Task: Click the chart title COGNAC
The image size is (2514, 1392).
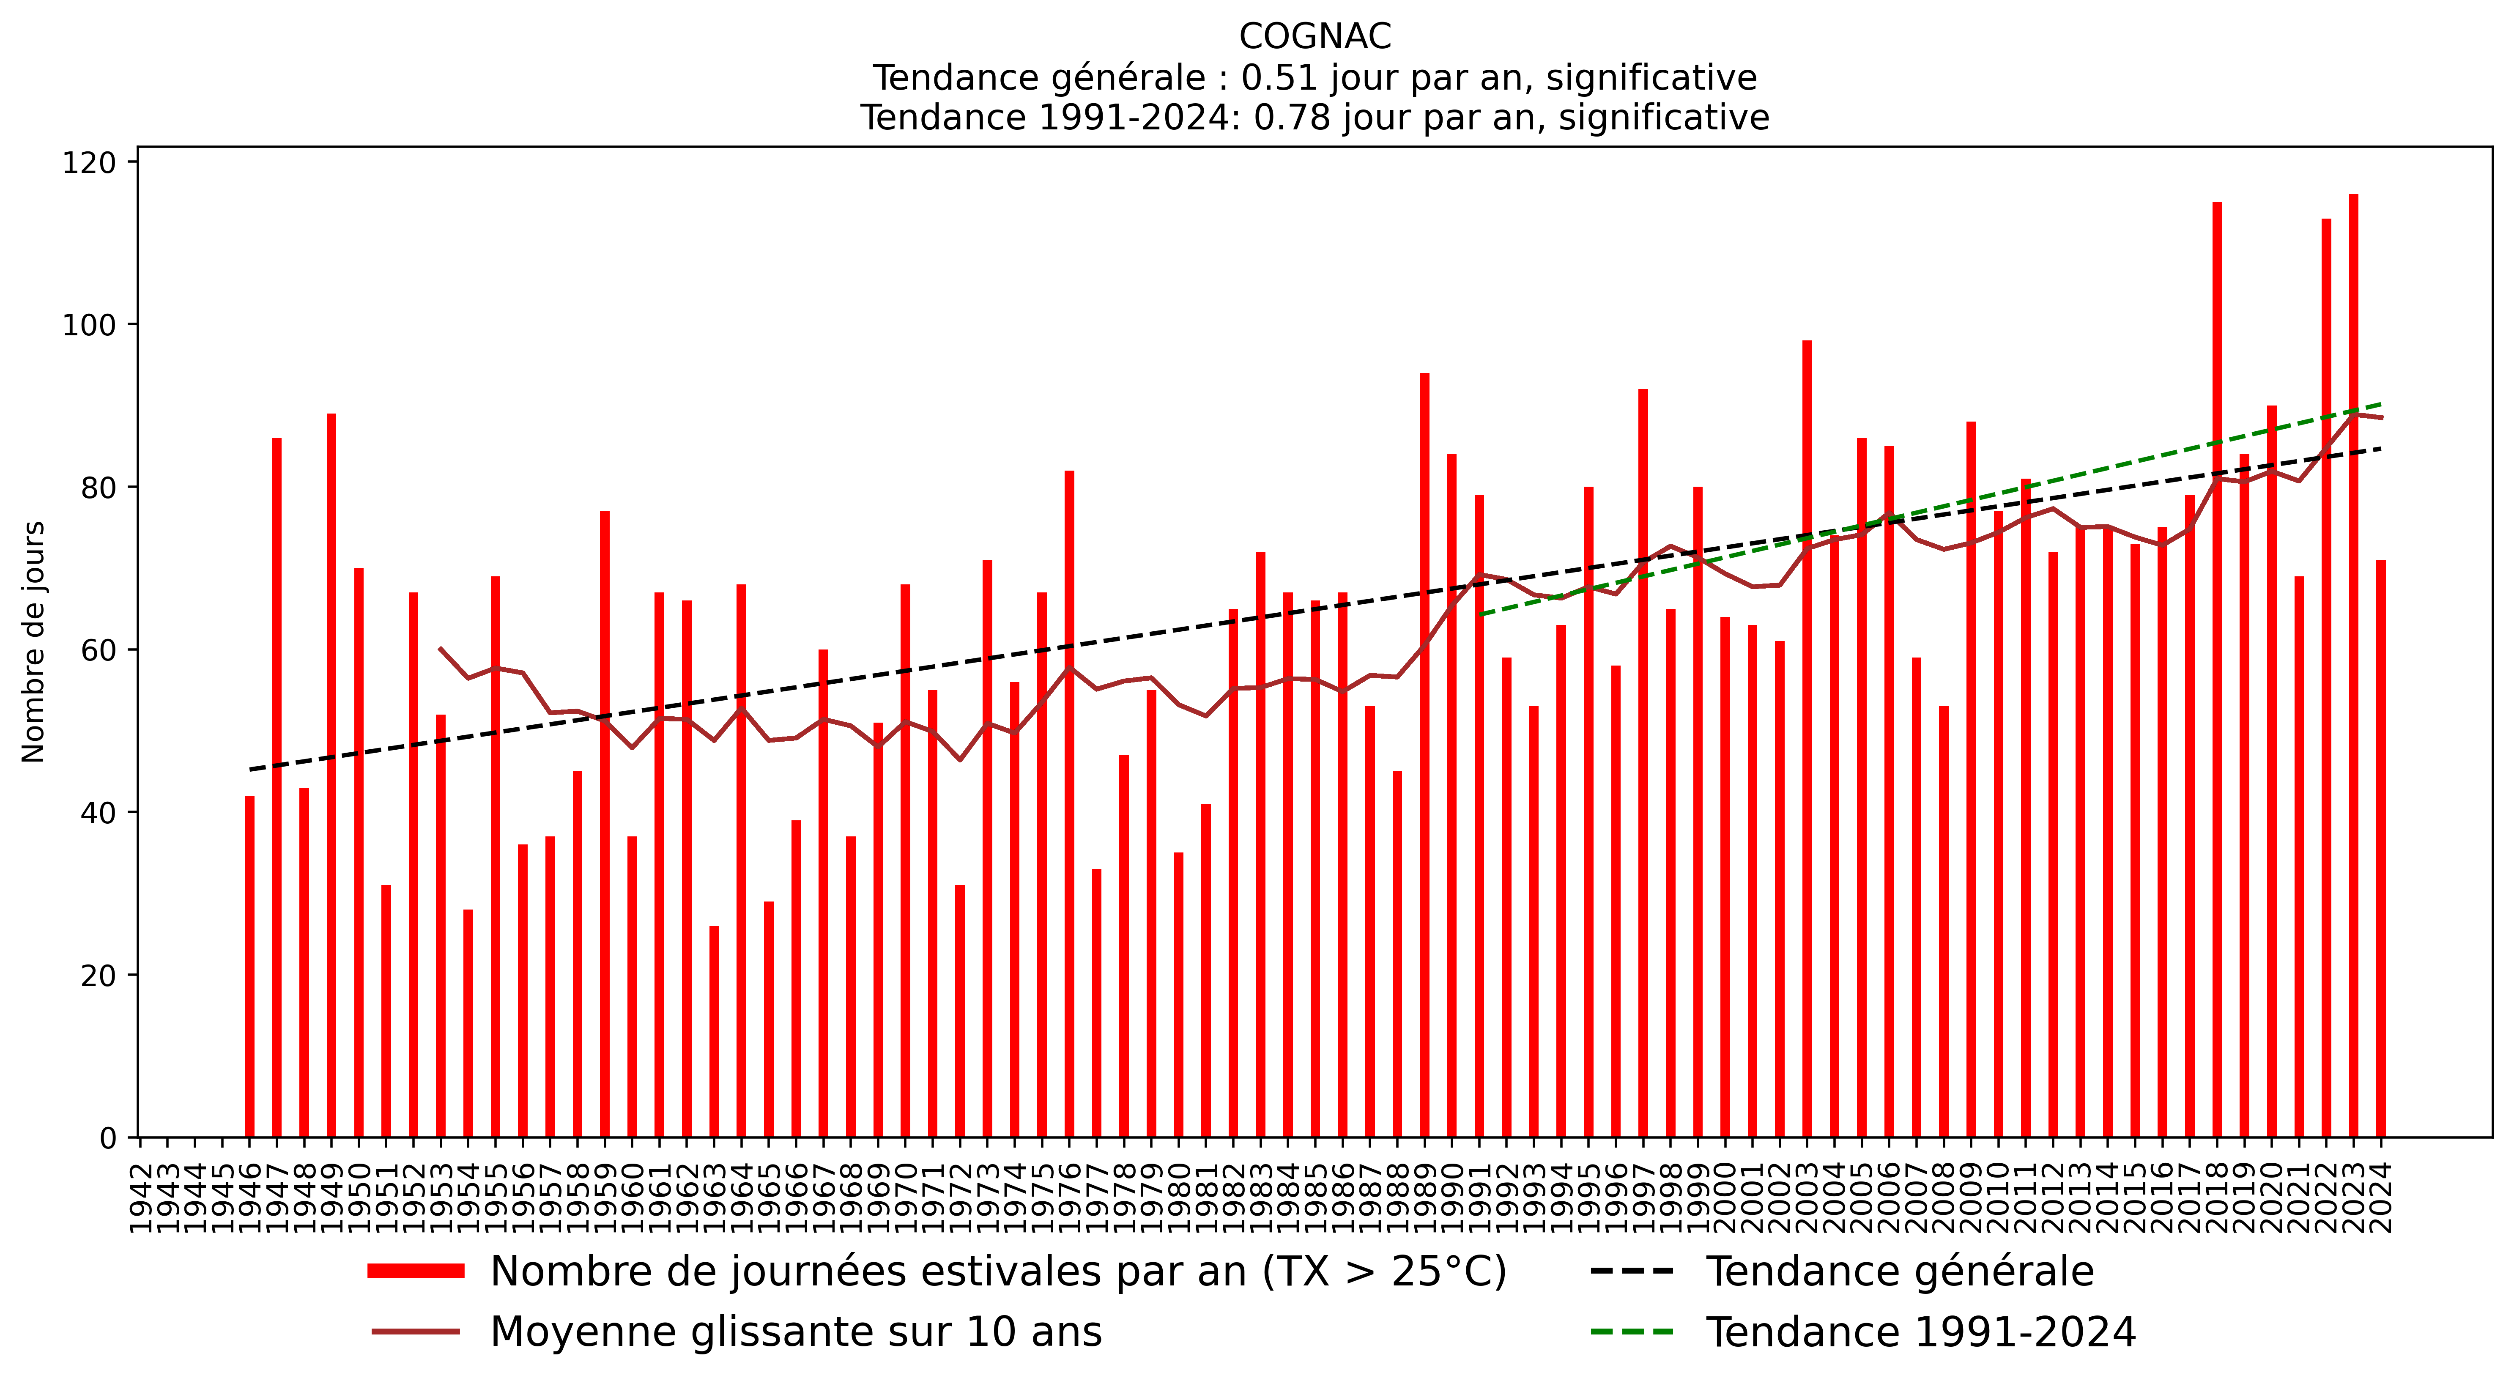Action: [1315, 37]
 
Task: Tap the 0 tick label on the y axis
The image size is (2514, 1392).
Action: [107, 1138]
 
